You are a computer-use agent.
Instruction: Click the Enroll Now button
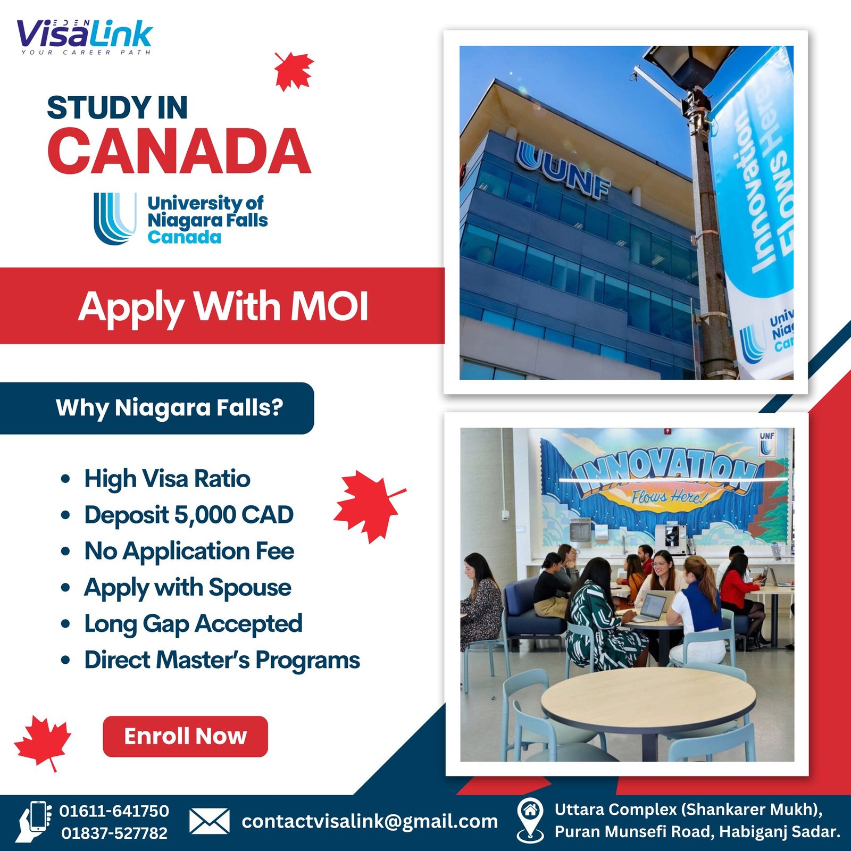pos(185,736)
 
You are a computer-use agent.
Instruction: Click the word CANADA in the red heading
pos(179,152)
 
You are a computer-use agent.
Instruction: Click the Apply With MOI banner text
pos(223,307)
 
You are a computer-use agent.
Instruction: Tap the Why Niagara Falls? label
pos(169,408)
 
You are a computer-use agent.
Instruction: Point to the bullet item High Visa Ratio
pos(167,478)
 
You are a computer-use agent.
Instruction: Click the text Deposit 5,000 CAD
pos(189,514)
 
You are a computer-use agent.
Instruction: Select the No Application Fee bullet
pos(189,550)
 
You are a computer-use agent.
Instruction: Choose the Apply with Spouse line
pos(187,588)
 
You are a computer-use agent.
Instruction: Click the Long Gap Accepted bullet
pos(193,624)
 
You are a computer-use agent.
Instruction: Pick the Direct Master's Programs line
pos(222,660)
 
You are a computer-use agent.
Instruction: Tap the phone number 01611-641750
pos(114,811)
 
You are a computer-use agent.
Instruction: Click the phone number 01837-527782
pos(114,833)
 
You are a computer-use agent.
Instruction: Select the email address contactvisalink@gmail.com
pos(370,821)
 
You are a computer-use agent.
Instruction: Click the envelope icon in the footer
pos(210,821)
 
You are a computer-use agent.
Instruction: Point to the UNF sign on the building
pos(563,171)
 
